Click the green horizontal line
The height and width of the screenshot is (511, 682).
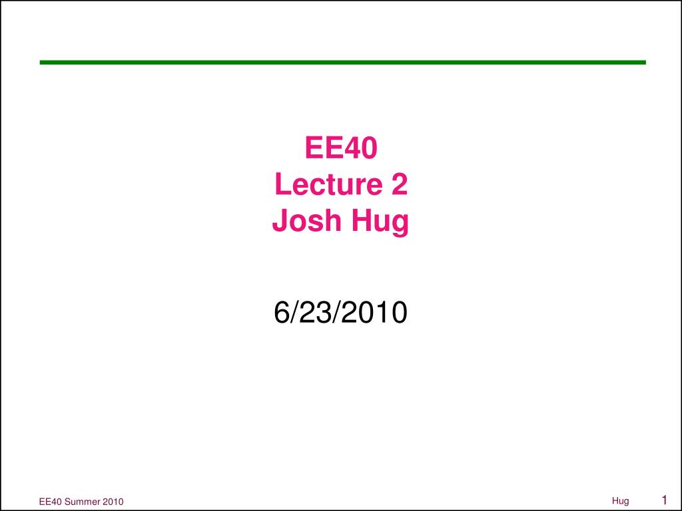point(343,63)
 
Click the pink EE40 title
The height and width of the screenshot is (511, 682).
point(341,148)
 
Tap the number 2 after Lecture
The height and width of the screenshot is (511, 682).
point(400,184)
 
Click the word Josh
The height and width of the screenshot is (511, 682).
point(306,220)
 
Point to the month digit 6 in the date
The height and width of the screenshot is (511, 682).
point(281,312)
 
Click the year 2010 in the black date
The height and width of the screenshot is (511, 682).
point(374,312)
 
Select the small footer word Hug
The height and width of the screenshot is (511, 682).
point(620,502)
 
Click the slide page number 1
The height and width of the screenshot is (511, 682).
point(664,500)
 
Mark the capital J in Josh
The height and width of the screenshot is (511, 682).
point(280,220)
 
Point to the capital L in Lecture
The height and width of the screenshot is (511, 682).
point(282,184)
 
